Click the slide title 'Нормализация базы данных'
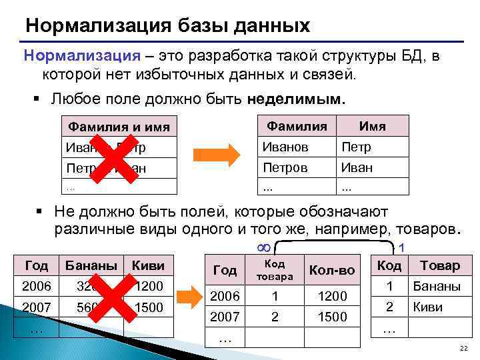[x=167, y=26]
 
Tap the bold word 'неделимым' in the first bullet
[x=295, y=99]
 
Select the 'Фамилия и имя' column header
[x=119, y=126]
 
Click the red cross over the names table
[x=107, y=158]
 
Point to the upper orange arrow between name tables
[x=216, y=155]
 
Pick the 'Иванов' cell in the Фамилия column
[x=285, y=147]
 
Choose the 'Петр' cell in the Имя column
[x=356, y=147]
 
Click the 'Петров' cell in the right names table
[x=285, y=167]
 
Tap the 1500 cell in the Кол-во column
[x=333, y=317]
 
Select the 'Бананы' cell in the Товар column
[x=437, y=287]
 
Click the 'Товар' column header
[x=439, y=265]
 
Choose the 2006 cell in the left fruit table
[x=36, y=287]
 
